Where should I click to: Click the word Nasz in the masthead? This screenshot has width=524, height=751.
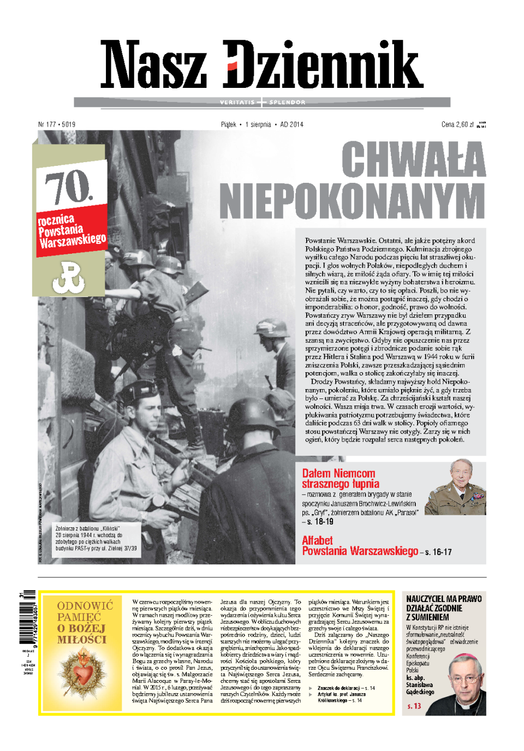click(153, 65)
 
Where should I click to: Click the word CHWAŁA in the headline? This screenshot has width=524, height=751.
click(413, 159)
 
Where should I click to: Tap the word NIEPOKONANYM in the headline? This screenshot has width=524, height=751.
click(352, 201)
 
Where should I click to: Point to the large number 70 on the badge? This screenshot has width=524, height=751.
click(69, 187)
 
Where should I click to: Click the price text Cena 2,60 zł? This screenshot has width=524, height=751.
click(457, 124)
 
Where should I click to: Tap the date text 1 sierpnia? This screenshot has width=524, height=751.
click(258, 124)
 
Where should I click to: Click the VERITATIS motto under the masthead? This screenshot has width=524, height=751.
click(237, 102)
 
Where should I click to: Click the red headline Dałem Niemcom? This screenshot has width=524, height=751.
click(338, 473)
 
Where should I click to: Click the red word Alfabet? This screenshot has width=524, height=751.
click(317, 540)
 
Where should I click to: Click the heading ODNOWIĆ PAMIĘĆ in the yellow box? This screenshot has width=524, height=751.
click(85, 611)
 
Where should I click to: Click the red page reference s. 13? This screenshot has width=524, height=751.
click(414, 706)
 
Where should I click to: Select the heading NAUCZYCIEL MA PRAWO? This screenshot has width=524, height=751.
click(444, 599)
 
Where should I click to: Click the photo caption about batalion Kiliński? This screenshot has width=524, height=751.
click(96, 538)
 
